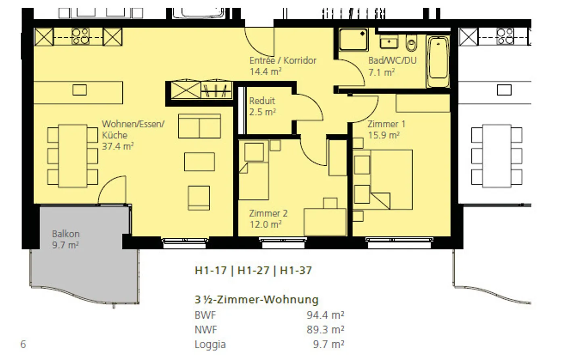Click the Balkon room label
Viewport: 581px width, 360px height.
point(65,234)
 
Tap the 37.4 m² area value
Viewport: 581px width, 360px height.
point(117,146)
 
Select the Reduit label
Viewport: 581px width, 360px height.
point(262,101)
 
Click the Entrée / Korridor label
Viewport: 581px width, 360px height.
point(283,60)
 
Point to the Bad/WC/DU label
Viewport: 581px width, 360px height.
point(392,60)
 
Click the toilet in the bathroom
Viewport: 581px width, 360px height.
point(411,43)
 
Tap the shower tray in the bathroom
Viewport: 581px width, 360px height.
point(353,39)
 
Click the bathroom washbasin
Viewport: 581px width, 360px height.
point(389,41)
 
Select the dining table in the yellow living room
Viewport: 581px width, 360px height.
point(73,156)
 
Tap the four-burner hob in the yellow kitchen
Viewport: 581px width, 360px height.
point(81,36)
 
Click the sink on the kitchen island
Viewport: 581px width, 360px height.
point(79,90)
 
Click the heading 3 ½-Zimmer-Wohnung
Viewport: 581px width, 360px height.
point(257,300)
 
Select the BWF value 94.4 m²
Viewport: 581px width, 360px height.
point(325,315)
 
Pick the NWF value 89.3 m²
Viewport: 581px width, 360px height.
point(325,329)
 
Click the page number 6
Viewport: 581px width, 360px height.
point(23,344)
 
